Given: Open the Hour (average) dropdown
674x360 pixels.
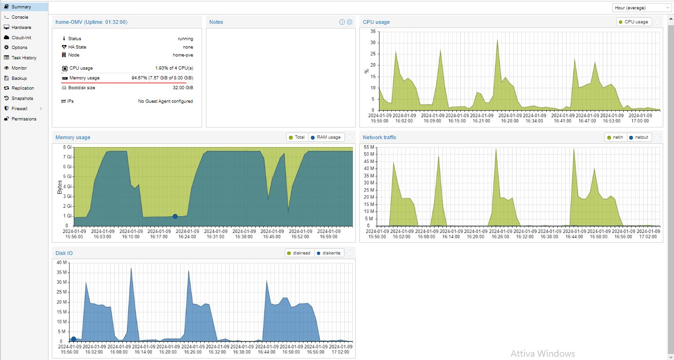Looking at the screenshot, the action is pos(641,8).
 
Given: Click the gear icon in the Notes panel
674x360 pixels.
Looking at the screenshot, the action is pos(349,22).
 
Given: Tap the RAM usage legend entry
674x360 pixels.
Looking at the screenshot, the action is pos(326,137).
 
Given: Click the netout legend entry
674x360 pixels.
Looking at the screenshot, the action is pos(639,137).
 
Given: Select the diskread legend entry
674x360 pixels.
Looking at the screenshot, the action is pos(299,253).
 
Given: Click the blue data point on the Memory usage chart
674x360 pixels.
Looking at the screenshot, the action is pos(175,217).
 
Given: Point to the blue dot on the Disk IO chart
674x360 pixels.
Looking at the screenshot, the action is pos(73,339).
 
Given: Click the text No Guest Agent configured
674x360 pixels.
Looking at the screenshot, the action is pos(166,101).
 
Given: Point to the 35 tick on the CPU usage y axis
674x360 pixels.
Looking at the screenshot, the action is pos(373,31).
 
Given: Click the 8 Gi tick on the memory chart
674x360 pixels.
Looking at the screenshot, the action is pos(67,147).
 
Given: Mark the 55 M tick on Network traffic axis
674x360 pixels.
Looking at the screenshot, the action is pos(369,147).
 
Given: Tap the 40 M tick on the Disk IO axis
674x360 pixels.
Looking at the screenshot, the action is pos(62,262).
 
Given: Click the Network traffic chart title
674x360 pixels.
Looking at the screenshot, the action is pos(379,137).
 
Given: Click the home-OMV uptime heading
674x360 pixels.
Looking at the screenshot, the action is pos(91,22).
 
